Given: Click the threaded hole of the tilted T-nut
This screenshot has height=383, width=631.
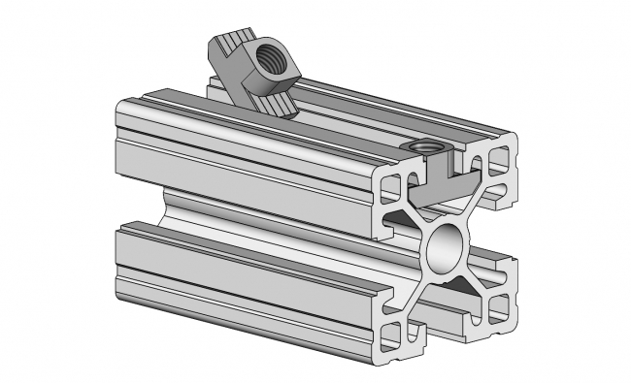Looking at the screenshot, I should point(275,59).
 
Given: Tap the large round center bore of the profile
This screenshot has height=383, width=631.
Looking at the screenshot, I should point(448,247).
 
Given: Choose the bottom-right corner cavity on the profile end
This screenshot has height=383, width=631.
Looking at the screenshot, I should point(498,309).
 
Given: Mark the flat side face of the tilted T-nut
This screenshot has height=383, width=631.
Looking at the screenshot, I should point(242,82).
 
